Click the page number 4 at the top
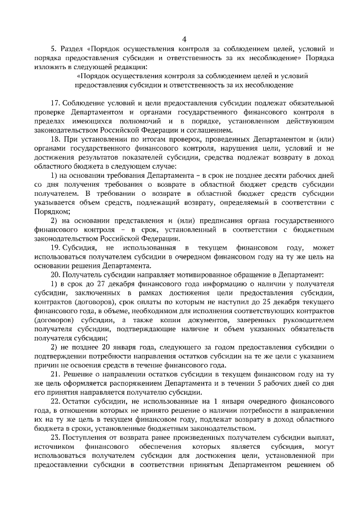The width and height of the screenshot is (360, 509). tap(184, 39)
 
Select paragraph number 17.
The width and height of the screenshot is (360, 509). tap(55, 104)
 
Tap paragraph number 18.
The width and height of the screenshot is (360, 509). tap(55, 138)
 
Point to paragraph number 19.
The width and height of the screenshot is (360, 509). tap(55, 248)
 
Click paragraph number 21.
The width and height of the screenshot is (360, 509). tap(55, 375)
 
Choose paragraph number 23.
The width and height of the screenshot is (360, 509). tap(55, 438)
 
